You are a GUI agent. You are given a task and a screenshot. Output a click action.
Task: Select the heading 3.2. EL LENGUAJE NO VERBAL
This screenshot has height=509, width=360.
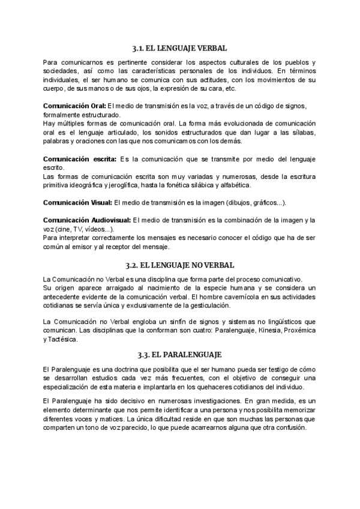point(180,265)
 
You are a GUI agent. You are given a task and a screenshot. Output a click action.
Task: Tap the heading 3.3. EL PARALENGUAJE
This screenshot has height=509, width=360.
point(180,355)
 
